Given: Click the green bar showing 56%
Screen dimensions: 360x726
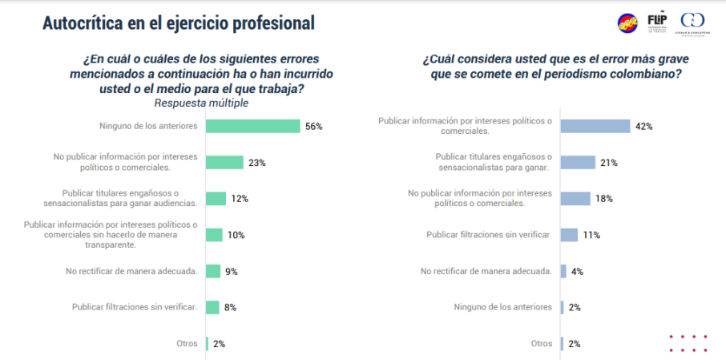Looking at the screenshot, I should coord(252,126).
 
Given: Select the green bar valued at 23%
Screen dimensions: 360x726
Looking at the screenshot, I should coord(224,162).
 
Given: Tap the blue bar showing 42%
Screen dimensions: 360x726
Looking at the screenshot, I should coord(595,126).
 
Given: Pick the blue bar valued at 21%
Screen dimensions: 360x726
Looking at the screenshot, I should coord(578,162).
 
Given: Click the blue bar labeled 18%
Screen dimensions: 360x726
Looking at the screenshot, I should coord(576,198).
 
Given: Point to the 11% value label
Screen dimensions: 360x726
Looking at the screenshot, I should coord(590,235).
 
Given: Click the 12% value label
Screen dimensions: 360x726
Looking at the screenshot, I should coord(240,198).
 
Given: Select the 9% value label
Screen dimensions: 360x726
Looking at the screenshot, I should coord(231,271).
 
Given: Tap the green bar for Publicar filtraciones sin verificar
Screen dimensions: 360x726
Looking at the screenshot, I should coord(212,307).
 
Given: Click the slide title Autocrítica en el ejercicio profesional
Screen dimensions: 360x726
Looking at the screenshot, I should coord(178,23).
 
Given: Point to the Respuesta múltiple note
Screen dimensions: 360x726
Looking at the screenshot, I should coord(200,103).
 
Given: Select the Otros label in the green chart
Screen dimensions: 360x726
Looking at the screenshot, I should coord(187,343).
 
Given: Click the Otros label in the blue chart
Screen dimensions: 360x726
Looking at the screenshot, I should coord(542,343).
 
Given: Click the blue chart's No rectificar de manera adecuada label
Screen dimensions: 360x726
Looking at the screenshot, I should coord(486,271).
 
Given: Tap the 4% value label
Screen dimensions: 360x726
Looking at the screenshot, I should coord(577,271).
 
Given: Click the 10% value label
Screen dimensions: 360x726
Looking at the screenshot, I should coord(236,235).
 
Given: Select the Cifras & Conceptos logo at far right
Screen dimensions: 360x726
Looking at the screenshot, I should coord(692,22).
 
